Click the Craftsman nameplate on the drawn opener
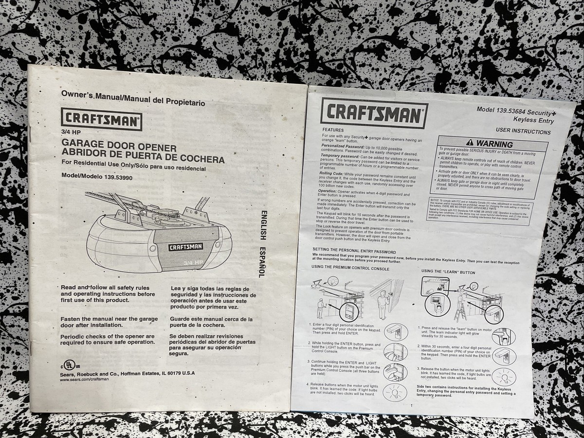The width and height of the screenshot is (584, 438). tap(185, 247)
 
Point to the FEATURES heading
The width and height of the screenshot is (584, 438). tap(336, 130)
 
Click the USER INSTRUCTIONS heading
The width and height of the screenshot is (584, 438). tap(523, 132)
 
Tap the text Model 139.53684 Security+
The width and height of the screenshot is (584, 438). tap(515, 111)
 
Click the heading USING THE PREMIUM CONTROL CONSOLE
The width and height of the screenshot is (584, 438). tap(350, 268)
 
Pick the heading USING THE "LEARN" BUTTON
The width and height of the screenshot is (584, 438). tap(448, 272)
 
